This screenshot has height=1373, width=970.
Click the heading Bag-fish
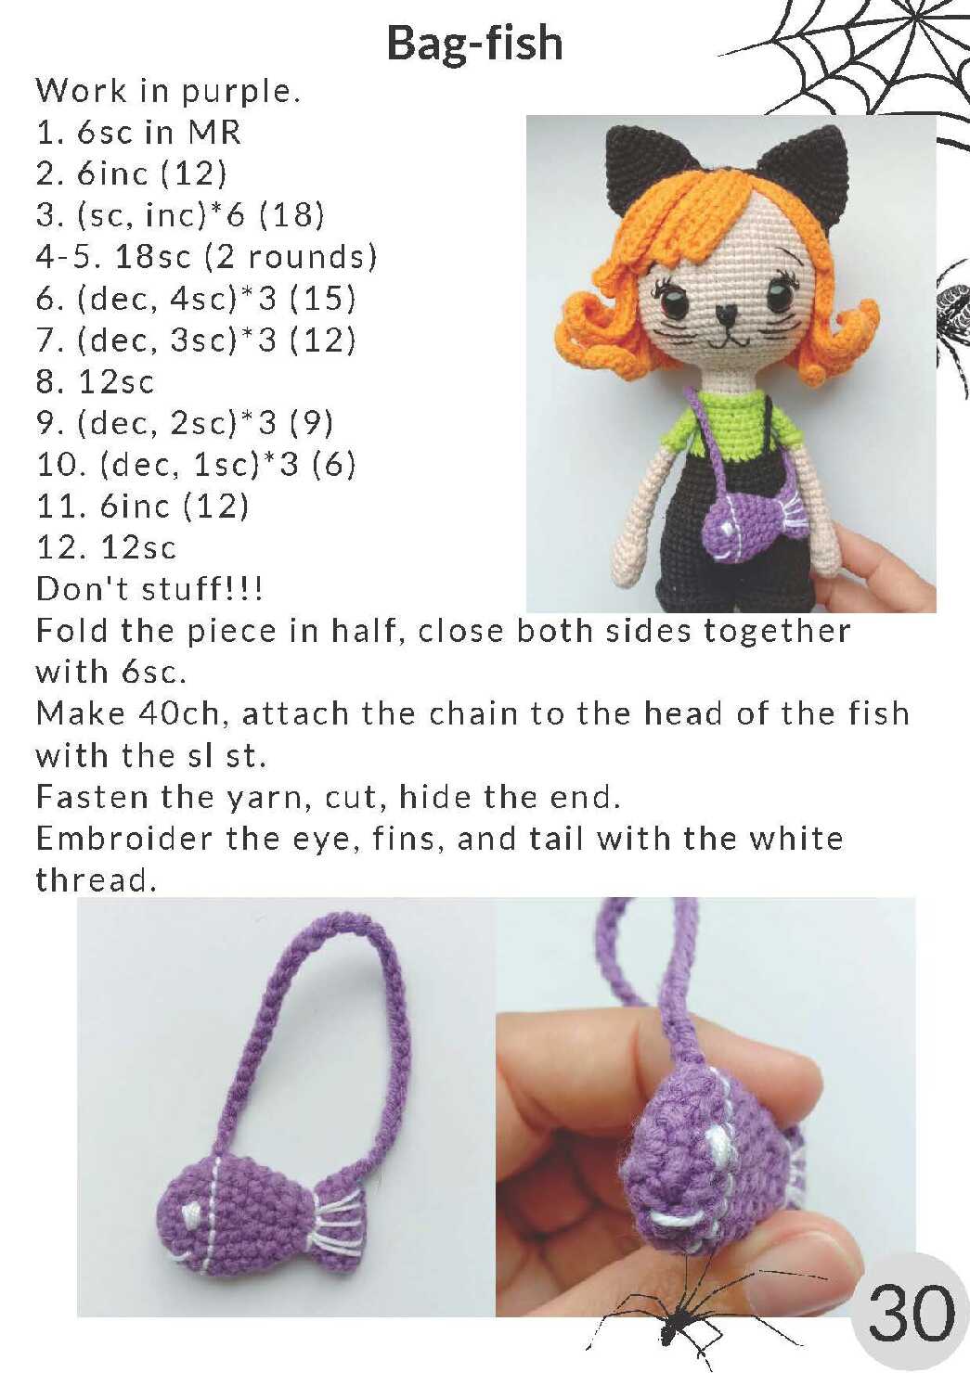click(475, 45)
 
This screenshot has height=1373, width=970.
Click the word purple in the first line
click(240, 92)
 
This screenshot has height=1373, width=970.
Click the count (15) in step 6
click(322, 299)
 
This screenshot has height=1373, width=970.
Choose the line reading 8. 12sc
click(95, 382)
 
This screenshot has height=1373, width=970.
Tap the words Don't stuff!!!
click(149, 589)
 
